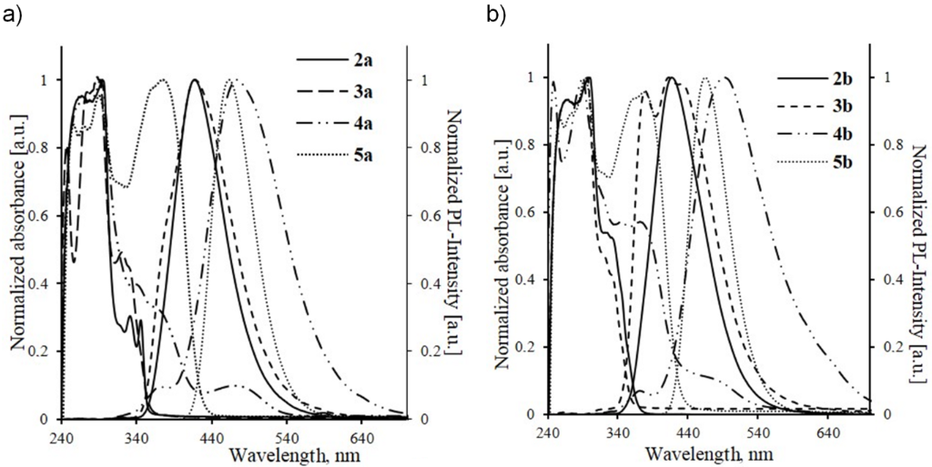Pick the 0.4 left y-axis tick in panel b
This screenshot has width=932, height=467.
coord(526,279)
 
